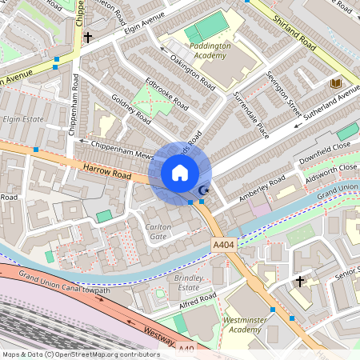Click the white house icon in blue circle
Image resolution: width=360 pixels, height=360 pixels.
180,173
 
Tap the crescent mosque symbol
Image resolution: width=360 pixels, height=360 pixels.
203,190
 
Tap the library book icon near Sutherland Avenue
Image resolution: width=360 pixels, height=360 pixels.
336,83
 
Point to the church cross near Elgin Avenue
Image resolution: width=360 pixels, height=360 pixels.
87,37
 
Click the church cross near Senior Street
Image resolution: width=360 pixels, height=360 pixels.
300,282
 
